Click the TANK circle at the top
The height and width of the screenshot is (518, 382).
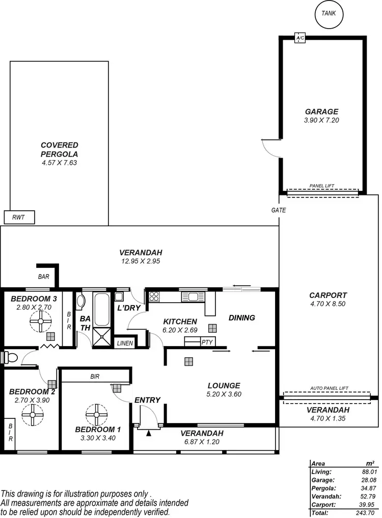329,14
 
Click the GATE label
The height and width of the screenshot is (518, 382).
279,210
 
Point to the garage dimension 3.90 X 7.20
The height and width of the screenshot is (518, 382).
321,120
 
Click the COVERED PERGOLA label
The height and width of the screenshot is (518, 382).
59,150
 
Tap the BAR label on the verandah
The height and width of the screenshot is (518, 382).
44,276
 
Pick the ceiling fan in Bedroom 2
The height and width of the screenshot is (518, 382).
33,414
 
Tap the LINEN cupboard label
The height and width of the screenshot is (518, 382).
125,343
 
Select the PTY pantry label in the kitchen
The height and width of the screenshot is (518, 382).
207,342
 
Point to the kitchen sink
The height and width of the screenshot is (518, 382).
193,297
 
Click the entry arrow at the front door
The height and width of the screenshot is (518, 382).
148,433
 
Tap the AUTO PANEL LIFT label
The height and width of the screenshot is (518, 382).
329,388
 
